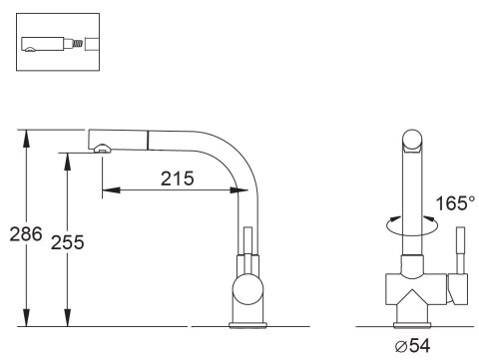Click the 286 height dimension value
pos(26,233)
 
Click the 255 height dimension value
pos(67,242)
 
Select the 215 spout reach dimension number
pos(178,179)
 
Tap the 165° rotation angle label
pos(455,203)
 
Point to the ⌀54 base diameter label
pos(412,346)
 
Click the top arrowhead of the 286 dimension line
pos(26,139)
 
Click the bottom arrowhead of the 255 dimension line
pos(68,317)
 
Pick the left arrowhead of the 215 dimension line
pos(111,190)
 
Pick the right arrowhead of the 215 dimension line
pos(239,190)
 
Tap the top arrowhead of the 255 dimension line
pos(68,162)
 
